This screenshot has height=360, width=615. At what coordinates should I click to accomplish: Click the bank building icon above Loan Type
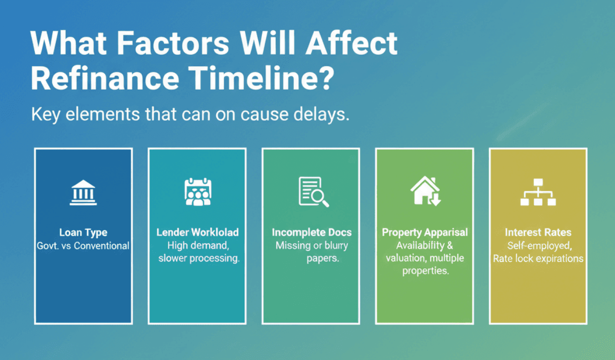pyautogui.click(x=83, y=192)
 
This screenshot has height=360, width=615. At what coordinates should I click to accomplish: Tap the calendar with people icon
pyautogui.click(x=197, y=192)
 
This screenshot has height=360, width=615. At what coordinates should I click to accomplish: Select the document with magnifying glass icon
pyautogui.click(x=312, y=192)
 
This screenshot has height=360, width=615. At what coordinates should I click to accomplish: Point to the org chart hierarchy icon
pyautogui.click(x=538, y=192)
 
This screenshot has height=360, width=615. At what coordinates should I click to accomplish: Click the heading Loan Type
pyautogui.click(x=83, y=233)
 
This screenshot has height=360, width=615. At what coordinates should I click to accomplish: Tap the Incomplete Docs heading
pyautogui.click(x=312, y=232)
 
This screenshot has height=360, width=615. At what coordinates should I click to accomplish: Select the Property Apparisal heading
pyautogui.click(x=425, y=232)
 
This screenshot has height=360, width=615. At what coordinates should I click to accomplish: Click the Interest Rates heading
pyautogui.click(x=538, y=232)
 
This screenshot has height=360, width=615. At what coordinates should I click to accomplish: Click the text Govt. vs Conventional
pyautogui.click(x=83, y=246)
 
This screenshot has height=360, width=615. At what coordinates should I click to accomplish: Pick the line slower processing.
pyautogui.click(x=199, y=259)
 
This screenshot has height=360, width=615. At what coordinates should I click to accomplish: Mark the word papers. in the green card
pyautogui.click(x=323, y=259)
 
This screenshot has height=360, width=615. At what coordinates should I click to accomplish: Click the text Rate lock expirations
pyautogui.click(x=538, y=259)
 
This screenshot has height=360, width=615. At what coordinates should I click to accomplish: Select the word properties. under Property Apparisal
pyautogui.click(x=425, y=271)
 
